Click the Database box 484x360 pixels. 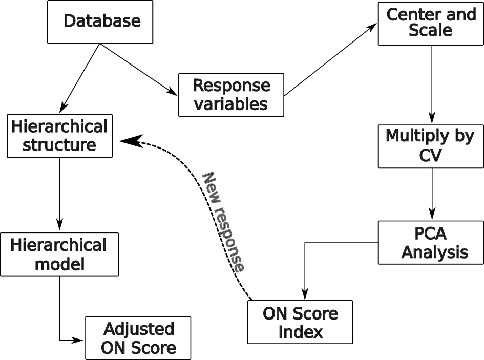(x=100, y=22)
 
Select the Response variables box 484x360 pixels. (x=231, y=95)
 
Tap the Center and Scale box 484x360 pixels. (x=431, y=24)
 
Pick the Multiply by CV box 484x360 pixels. (x=431, y=146)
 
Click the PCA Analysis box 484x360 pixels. (x=431, y=242)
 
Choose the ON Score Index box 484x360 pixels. (x=300, y=322)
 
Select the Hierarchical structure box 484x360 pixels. (x=60, y=136)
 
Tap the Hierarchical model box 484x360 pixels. (x=59, y=254)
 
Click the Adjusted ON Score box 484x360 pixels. (x=138, y=338)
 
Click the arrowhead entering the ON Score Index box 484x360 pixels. (x=305, y=295)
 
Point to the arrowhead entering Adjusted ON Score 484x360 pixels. (x=79, y=340)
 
